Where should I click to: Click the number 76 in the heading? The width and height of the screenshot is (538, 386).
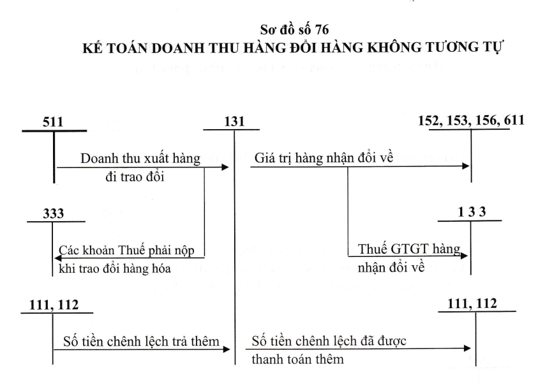coord(322,30)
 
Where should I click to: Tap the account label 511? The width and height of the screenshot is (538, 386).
coord(53,122)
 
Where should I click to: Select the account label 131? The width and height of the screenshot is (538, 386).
coord(234,121)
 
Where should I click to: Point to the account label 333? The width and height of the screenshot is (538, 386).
coord(53,213)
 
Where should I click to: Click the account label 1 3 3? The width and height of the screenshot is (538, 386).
coord(472,212)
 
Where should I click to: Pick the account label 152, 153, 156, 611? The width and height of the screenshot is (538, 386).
coord(471,121)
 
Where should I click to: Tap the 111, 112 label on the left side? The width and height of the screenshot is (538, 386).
coord(54,305)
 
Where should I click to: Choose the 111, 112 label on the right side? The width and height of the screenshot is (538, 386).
coord(472,304)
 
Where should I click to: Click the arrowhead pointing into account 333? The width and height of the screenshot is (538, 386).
coord(58,258)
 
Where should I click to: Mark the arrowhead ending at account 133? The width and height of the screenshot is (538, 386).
coord(464,256)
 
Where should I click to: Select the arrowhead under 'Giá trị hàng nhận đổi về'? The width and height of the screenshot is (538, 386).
coord(466,166)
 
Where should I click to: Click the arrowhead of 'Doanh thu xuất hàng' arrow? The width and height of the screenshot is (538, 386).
coord(225,167)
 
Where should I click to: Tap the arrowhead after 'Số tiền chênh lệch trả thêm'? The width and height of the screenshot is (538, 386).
coord(227,350)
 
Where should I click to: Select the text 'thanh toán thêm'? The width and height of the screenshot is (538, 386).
coord(297,360)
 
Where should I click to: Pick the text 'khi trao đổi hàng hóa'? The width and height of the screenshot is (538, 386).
coord(115,268)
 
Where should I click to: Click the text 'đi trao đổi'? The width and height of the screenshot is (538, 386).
coord(135,177)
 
